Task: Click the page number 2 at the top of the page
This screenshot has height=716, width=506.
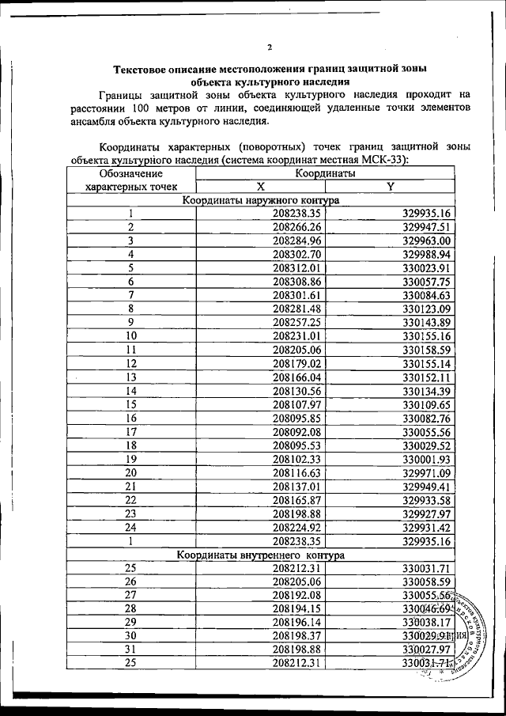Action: (x=270, y=47)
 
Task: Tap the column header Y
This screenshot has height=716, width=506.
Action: (x=389, y=186)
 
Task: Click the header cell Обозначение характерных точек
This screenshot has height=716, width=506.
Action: (x=130, y=180)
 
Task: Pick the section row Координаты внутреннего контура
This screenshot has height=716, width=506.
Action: (x=260, y=555)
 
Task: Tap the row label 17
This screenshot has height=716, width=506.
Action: (x=131, y=432)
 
